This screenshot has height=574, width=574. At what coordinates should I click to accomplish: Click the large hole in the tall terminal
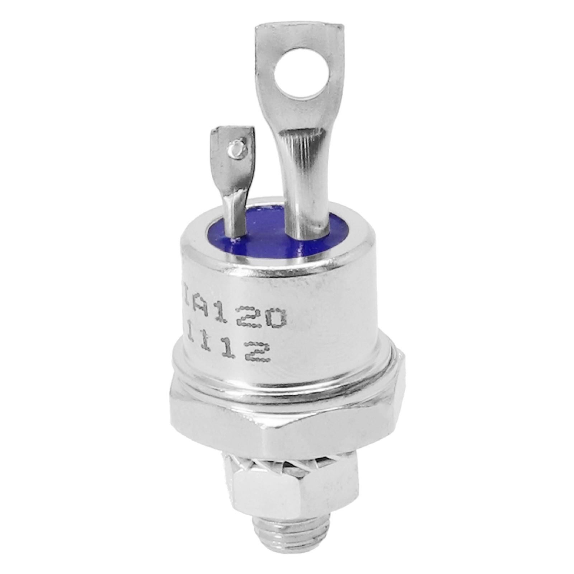(302, 69)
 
